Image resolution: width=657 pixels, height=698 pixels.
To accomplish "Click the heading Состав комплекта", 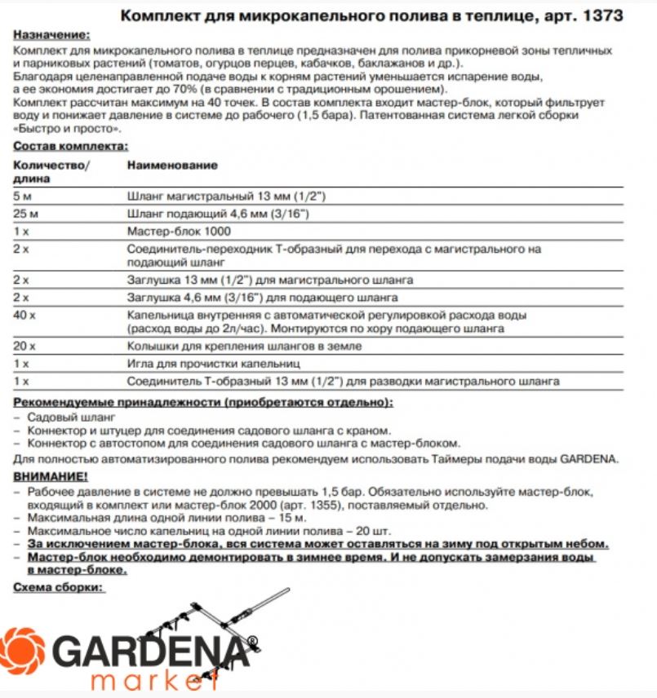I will (70, 146).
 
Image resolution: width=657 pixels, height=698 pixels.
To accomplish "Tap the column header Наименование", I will (172, 166).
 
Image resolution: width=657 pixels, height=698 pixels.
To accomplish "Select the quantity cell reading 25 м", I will (27, 214).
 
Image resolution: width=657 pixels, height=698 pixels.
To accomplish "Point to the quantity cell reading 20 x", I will (24, 346).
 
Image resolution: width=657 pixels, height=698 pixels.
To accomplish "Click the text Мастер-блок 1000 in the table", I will (171, 231).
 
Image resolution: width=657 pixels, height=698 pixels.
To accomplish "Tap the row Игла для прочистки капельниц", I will (214, 363).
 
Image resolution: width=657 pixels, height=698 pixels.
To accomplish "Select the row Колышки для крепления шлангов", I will (244, 346).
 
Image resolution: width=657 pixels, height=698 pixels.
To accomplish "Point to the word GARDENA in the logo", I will (150, 651).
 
